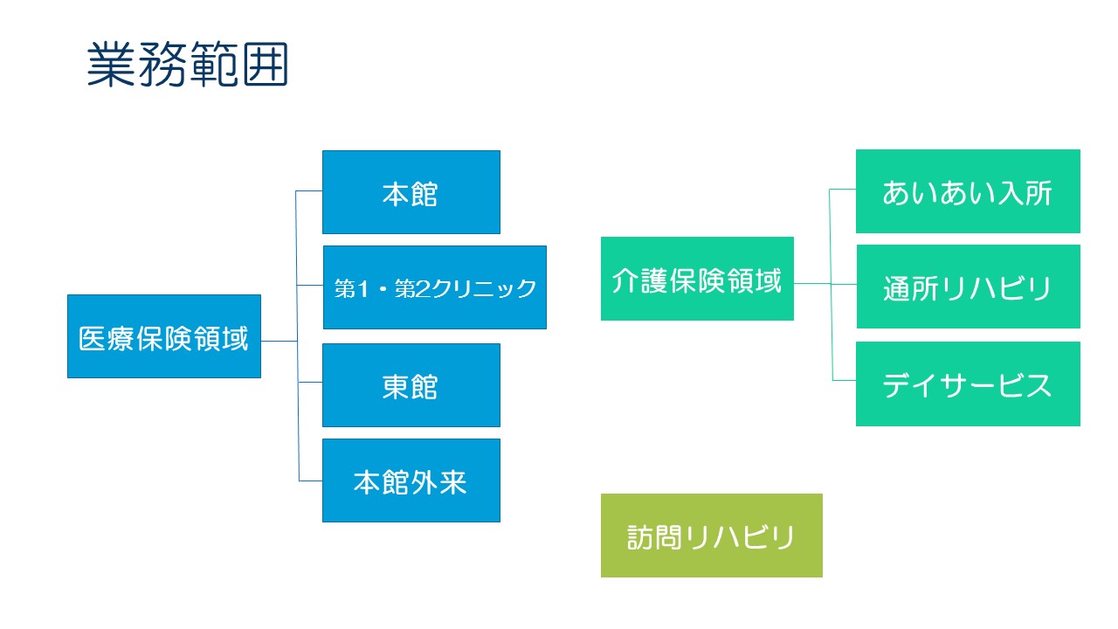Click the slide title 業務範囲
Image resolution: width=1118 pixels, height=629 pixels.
pos(188,65)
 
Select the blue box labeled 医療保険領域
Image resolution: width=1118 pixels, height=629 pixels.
pos(164,336)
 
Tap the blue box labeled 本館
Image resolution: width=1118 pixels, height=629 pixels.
pos(411,192)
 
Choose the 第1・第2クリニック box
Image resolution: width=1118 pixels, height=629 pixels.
pos(435,287)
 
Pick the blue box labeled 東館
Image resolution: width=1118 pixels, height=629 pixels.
pos(411,385)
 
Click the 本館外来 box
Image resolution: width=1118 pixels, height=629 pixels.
pos(411,480)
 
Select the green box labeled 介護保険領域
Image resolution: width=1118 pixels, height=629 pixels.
pos(697,279)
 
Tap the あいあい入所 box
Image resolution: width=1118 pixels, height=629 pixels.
pos(969,191)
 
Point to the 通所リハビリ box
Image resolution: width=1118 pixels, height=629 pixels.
pos(969,287)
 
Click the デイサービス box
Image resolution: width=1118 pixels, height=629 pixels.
pos(969,384)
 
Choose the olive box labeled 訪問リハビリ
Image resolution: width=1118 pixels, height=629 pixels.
pos(712,536)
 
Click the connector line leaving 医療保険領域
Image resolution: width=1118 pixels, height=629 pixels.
pos(279,342)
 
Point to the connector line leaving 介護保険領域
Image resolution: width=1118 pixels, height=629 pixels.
pos(812,284)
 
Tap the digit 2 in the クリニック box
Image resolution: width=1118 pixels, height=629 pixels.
pos(423,289)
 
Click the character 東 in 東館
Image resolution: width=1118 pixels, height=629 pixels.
pos(396,387)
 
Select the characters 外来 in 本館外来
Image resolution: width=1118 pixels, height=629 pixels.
pos(439,483)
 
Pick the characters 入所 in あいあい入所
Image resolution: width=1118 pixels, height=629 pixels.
pos(1025,193)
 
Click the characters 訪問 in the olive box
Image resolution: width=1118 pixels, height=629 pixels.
pos(655,537)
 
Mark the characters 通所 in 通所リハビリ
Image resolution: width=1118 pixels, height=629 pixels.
pos(911,288)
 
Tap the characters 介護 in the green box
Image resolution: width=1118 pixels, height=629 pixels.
pos(640,280)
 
